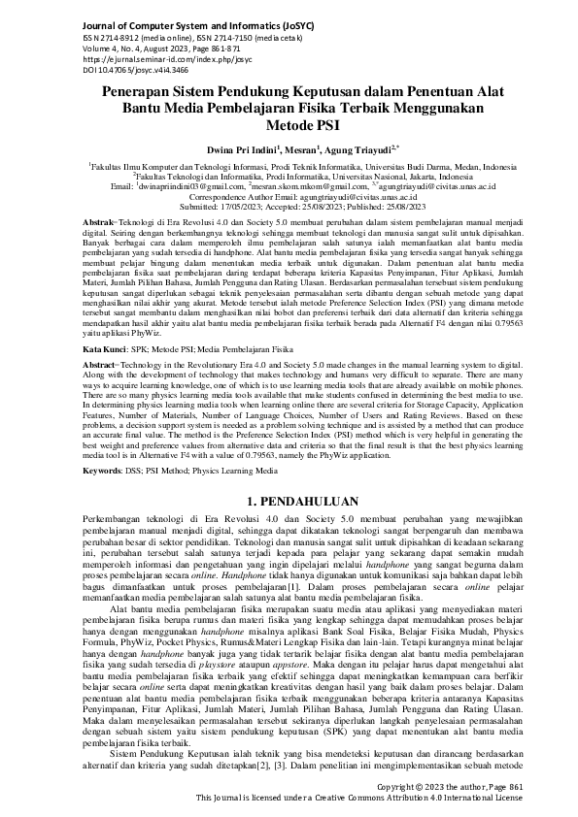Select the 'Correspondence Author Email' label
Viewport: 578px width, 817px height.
tap(254, 197)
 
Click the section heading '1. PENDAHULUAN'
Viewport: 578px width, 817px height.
tap(289, 503)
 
